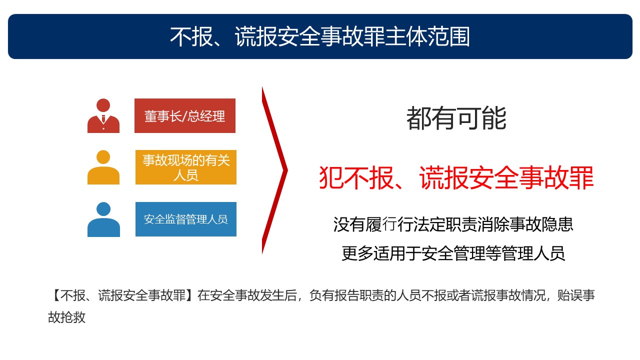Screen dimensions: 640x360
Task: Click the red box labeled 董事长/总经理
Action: click(185, 115)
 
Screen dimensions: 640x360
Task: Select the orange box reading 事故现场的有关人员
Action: click(185, 167)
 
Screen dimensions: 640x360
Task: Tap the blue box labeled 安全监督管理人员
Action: click(185, 219)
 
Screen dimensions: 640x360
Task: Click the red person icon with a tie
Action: click(103, 115)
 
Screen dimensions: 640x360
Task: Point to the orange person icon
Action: click(103, 167)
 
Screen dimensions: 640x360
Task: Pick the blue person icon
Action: click(103, 219)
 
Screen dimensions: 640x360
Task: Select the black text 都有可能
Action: click(456, 118)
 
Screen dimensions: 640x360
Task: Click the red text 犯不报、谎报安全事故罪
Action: click(456, 177)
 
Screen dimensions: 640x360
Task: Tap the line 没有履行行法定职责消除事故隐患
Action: click(453, 224)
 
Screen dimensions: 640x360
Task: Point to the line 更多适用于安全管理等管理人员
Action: click(453, 253)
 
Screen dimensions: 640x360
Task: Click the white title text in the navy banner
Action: click(320, 36)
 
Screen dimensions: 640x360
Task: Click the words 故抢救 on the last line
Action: click(67, 317)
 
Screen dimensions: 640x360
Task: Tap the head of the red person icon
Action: click(103, 105)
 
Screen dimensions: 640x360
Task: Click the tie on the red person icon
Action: click(103, 118)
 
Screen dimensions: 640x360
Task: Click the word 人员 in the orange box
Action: click(185, 175)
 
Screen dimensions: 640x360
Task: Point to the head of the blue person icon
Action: click(103, 209)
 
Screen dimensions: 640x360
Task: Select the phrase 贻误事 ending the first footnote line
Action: click(576, 295)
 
